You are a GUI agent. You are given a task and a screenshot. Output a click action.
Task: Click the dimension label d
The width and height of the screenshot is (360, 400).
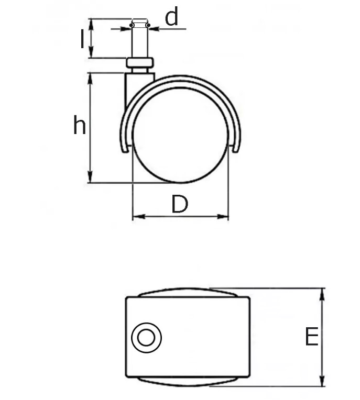point(171,17)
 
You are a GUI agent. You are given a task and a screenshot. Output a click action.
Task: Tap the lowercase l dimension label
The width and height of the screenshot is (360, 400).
point(82,39)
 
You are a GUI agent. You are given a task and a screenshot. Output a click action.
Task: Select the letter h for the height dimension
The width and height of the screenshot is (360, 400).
point(79,126)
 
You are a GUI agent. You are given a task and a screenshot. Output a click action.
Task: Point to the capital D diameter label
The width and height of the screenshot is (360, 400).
point(179,204)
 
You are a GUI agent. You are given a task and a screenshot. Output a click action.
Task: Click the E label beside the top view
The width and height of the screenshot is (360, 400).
point(312,337)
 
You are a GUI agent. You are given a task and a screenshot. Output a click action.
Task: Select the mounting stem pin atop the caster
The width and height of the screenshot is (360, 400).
point(139,39)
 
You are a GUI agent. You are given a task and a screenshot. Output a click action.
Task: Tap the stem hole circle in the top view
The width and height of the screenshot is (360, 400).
point(146,337)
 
